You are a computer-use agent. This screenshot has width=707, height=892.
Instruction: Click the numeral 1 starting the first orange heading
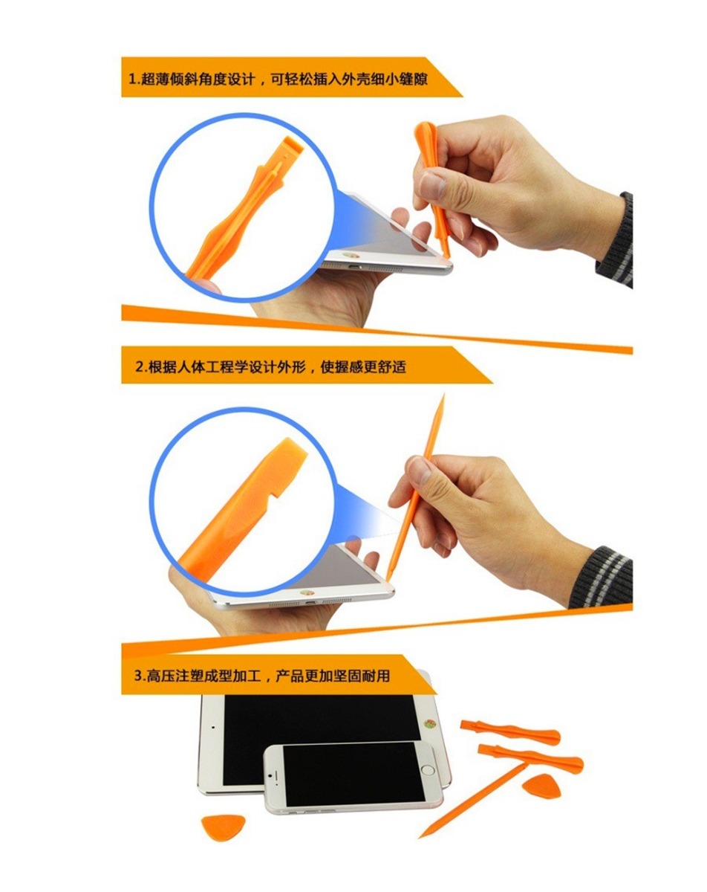tap(132, 79)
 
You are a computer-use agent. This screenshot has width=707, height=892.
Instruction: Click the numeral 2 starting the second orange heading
tap(140, 366)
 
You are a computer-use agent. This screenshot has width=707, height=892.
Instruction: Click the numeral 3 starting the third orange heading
tap(139, 676)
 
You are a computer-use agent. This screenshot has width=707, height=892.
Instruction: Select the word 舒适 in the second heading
tap(392, 366)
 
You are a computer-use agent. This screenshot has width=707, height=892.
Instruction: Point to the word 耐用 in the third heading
tap(376, 676)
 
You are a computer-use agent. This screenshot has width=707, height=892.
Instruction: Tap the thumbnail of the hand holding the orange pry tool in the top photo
tap(431, 185)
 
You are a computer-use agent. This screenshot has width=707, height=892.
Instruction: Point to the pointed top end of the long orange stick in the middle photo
tap(443, 395)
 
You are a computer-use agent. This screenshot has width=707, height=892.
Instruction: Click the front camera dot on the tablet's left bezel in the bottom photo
tap(213, 727)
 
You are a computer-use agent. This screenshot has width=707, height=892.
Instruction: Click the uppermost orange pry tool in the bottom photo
tap(510, 732)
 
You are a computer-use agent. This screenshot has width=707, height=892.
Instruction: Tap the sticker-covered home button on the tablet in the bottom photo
tap(430, 724)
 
